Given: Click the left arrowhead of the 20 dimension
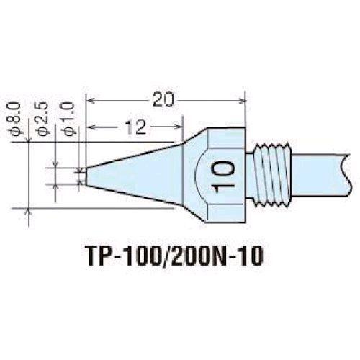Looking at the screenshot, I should (x=91, y=100).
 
